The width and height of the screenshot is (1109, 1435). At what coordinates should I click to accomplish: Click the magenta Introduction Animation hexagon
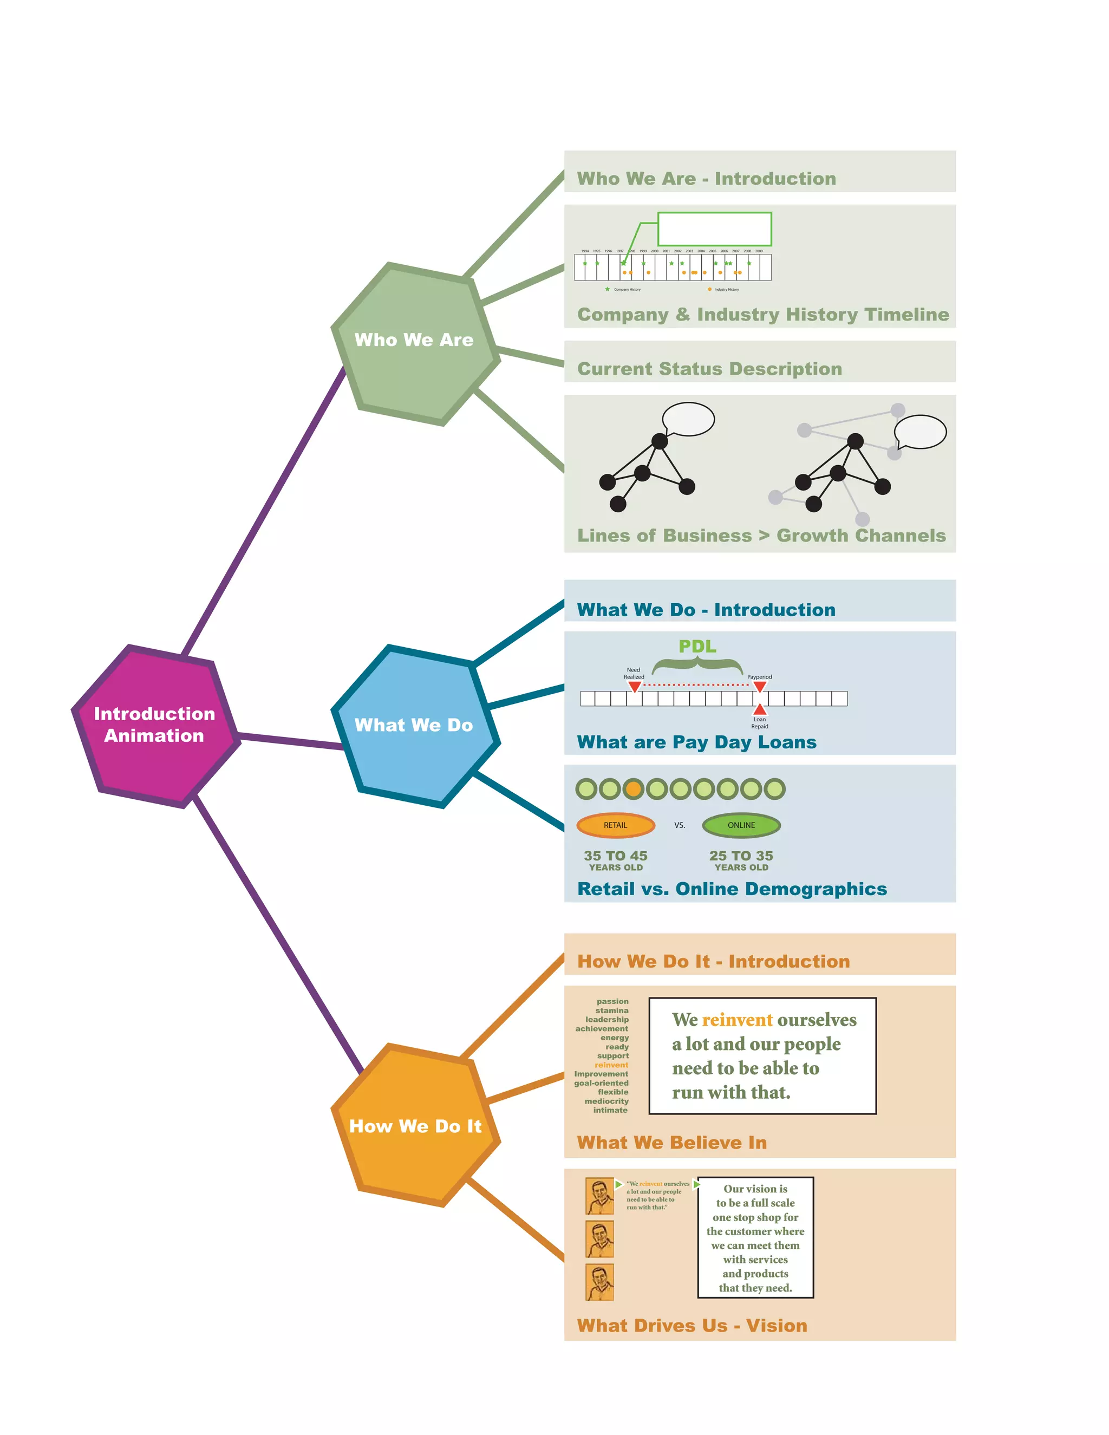point(155,726)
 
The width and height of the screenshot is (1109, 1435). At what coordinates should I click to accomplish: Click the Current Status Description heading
point(709,369)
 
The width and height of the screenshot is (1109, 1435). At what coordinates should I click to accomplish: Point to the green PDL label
point(697,647)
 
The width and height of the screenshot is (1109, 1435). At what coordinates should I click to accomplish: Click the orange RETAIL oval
point(616,825)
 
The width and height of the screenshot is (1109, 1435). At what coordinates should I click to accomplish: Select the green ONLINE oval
point(741,825)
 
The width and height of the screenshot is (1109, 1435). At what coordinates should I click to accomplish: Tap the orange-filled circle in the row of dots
point(632,788)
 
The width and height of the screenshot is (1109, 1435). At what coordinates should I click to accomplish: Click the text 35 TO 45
point(616,856)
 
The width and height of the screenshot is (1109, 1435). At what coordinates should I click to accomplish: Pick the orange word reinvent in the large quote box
point(737,1020)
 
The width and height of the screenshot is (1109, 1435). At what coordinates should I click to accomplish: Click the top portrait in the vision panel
point(599,1196)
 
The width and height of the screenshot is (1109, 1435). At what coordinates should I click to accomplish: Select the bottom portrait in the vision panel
point(599,1282)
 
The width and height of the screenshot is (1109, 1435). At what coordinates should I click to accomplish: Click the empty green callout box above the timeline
point(714,229)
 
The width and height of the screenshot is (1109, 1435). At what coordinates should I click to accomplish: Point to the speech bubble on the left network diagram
point(688,419)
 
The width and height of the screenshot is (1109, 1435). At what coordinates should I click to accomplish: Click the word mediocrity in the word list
point(606,1101)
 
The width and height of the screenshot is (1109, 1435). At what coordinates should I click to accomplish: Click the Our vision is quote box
point(755,1238)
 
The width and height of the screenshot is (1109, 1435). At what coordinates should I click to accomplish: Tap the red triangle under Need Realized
point(634,687)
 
